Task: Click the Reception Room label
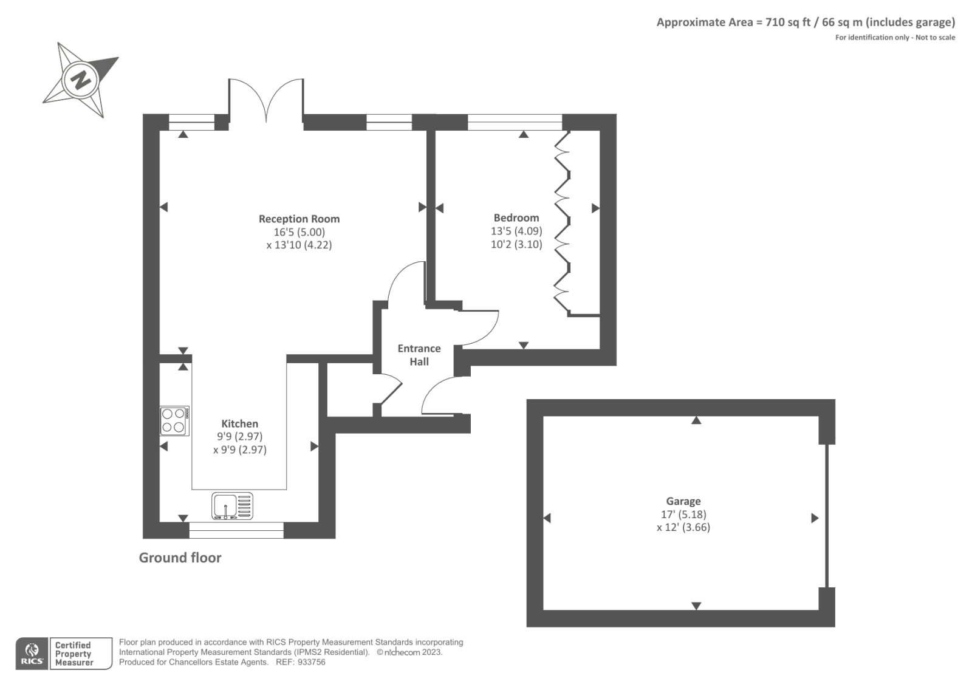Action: (x=299, y=219)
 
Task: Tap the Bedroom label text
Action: (x=516, y=217)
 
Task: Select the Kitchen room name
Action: (x=239, y=423)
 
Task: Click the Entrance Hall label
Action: (x=419, y=355)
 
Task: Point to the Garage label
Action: (x=683, y=501)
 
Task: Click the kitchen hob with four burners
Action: (x=174, y=420)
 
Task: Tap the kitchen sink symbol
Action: (x=232, y=506)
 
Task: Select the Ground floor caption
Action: (x=180, y=558)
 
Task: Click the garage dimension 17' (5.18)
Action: (x=683, y=514)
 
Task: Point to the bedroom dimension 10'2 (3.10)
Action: (x=516, y=244)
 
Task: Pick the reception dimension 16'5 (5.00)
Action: (x=299, y=232)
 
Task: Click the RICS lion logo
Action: (x=32, y=654)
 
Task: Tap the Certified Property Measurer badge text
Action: (x=74, y=654)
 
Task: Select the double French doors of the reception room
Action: (x=265, y=100)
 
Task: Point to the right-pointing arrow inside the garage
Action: (x=815, y=518)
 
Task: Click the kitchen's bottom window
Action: (x=236, y=530)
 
